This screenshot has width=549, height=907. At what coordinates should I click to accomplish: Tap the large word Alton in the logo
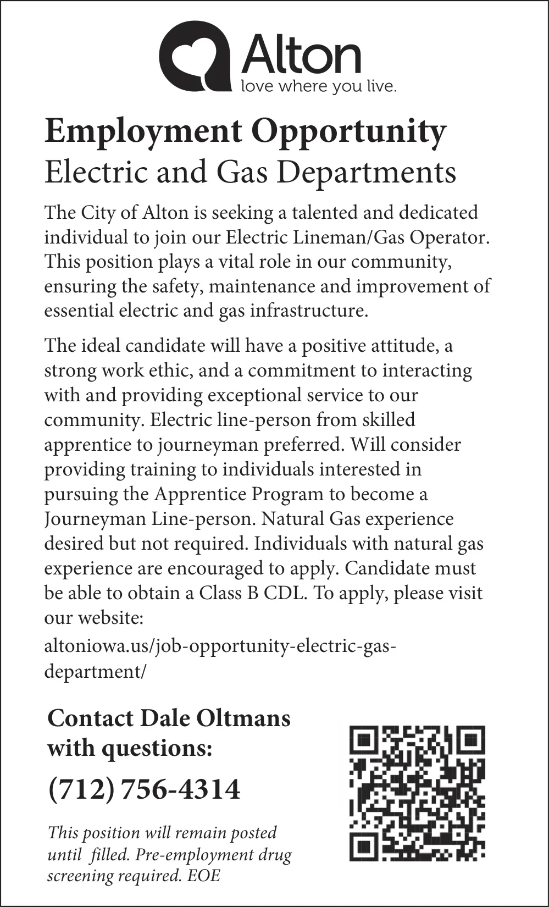click(x=301, y=54)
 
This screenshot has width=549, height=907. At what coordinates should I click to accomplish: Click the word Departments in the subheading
click(x=366, y=172)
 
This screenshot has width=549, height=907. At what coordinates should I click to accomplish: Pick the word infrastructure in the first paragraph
click(x=309, y=311)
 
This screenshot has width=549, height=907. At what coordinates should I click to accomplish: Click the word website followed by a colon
click(x=110, y=618)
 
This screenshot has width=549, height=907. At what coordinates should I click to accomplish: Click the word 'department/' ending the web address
click(x=95, y=671)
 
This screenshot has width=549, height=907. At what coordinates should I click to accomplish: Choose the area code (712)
click(x=81, y=789)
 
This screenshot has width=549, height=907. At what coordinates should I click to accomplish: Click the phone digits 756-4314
click(x=180, y=789)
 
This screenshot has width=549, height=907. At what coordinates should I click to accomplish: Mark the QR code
click(x=417, y=793)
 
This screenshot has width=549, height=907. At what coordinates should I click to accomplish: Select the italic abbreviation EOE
click(x=203, y=875)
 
